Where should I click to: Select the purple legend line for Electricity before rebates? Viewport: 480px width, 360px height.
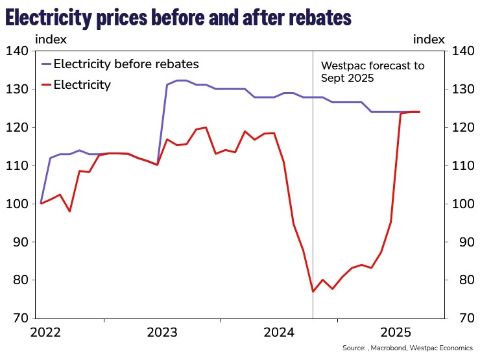pos(45,64)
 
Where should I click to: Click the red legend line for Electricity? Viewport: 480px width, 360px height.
pos(45,84)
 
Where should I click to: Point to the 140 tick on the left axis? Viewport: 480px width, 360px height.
pos(17,51)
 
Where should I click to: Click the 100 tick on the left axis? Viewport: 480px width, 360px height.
pos(17,204)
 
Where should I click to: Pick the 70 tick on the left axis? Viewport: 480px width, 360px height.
pos(19,318)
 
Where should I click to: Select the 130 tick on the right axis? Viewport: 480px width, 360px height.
pos(464,89)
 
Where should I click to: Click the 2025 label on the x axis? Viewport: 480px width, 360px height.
pos(396,333)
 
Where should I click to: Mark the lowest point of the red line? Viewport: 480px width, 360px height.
pos(313,291)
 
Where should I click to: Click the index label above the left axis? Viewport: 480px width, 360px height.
pos(50,39)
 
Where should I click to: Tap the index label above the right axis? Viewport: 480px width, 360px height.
pos(429,39)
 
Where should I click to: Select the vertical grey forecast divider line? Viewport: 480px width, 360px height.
pos(313,195)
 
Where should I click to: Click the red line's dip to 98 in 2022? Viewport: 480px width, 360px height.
pos(69,211)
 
